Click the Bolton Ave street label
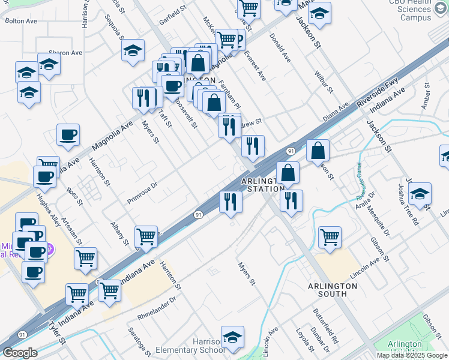coord(21,20)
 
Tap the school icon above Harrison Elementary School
coord(232,338)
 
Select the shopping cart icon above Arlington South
coord(330,238)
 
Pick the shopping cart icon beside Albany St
coord(146,237)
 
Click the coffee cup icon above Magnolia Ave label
coord(68,134)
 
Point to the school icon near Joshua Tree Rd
coord(420,194)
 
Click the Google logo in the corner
coord(20,353)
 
